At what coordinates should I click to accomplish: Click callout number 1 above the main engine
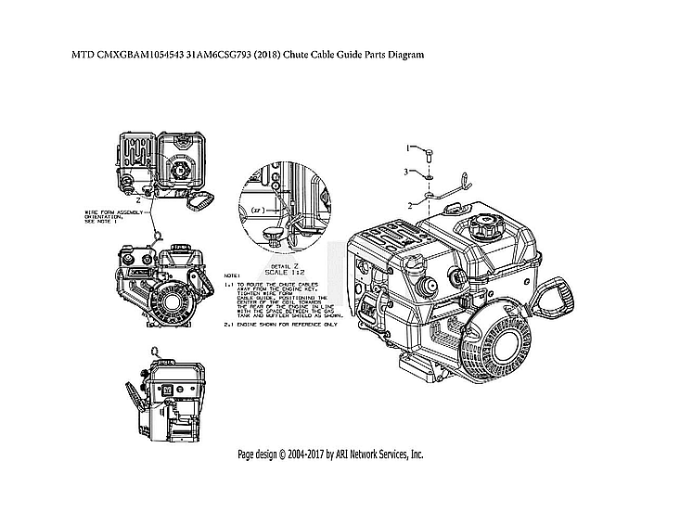click(406, 147)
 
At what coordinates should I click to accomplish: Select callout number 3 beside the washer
click(405, 173)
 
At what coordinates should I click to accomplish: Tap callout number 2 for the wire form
click(409, 204)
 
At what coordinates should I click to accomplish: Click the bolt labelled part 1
click(430, 152)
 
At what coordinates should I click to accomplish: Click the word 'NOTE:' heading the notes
click(232, 276)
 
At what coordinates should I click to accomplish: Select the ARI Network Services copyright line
click(330, 455)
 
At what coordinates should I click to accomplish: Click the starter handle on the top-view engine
click(201, 198)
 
